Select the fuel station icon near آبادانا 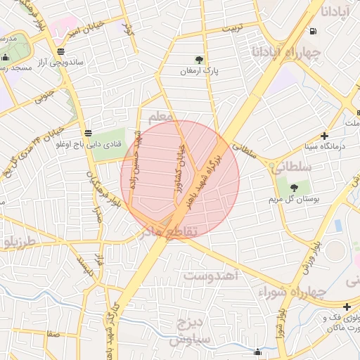[311, 30]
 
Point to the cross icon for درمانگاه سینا [324, 135]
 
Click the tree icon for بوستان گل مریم [293, 188]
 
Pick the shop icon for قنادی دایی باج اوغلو [88, 133]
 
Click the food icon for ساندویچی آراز [62, 51]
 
